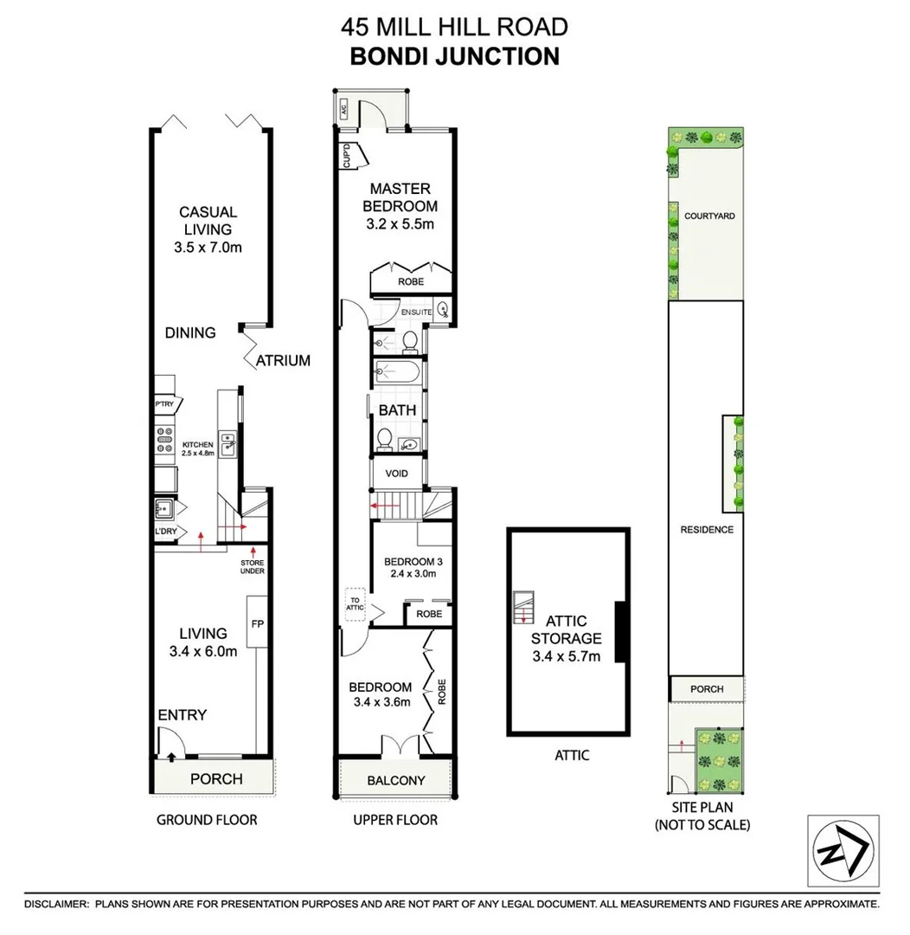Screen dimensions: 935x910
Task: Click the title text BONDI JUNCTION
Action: click(x=454, y=56)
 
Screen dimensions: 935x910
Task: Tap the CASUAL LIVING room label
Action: click(x=208, y=229)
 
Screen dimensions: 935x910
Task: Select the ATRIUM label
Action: click(x=283, y=360)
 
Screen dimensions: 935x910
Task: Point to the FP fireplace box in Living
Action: click(x=257, y=622)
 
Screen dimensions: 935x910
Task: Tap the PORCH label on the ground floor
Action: click(x=215, y=778)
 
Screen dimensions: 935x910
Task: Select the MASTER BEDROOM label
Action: click(x=400, y=207)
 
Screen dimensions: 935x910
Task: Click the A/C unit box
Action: click(x=343, y=109)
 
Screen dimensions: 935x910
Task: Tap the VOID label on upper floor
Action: click(x=396, y=474)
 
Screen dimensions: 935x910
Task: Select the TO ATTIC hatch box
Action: click(x=356, y=602)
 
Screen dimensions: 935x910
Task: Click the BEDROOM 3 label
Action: click(x=409, y=566)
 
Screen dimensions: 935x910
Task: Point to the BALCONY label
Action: click(x=396, y=780)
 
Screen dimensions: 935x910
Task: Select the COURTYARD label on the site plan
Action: click(x=709, y=216)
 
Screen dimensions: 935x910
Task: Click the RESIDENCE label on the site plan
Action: click(x=707, y=530)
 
